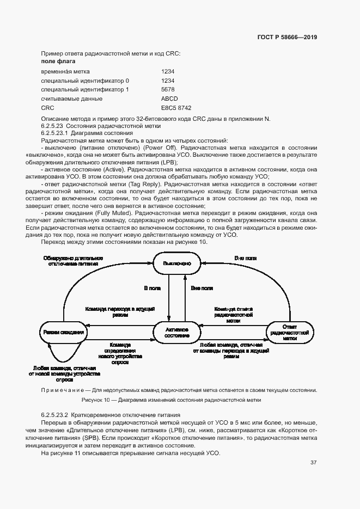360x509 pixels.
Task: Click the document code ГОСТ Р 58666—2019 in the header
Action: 287,37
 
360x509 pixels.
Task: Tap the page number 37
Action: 313,463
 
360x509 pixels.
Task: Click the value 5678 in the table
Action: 168,89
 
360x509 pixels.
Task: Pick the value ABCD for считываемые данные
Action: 169,99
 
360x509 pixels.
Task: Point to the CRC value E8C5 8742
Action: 176,108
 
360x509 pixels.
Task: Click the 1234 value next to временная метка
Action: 168,71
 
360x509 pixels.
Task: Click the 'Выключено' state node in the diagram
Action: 173,263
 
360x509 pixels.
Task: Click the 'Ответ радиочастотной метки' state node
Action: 290,332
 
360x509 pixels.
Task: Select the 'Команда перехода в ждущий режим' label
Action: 121,311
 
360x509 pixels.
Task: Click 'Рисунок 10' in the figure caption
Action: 95,400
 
